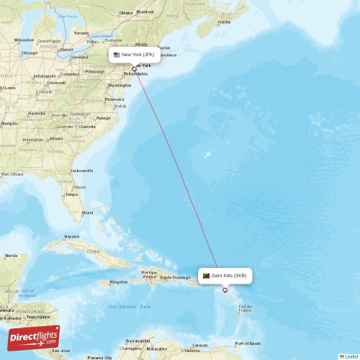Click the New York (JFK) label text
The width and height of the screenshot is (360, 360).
pyautogui.click(x=138, y=55)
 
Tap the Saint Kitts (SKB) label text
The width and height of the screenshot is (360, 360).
pyautogui.click(x=229, y=276)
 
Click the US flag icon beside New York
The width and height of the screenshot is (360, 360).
pyautogui.click(x=117, y=55)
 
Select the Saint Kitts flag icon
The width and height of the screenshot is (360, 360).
pyautogui.click(x=207, y=276)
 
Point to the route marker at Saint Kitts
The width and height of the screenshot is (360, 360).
pyautogui.click(x=225, y=290)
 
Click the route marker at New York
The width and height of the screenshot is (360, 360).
pyautogui.click(x=134, y=69)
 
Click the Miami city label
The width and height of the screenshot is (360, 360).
pyautogui.click(x=87, y=213)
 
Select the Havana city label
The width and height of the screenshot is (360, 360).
pyautogui.click(x=72, y=236)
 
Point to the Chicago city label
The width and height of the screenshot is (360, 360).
pyautogui.click(x=30, y=53)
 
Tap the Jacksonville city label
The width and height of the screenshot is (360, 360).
pyautogui.click(x=81, y=171)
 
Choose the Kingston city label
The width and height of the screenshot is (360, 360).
pyautogui.click(x=119, y=282)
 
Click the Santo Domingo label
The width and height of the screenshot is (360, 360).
pyautogui.click(x=175, y=277)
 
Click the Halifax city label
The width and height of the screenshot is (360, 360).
pyautogui.click(x=225, y=22)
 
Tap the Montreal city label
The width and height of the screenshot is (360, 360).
pyautogui.click(x=145, y=12)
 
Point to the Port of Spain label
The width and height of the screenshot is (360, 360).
pyautogui.click(x=248, y=343)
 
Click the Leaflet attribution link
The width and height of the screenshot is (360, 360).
pyautogui.click(x=350, y=356)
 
